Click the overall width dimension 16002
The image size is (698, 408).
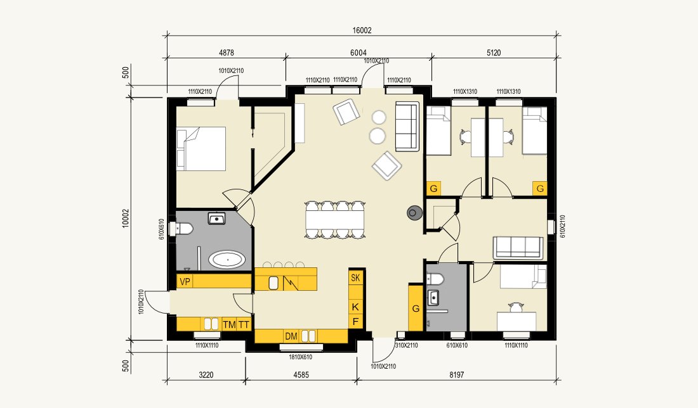coord(362,30)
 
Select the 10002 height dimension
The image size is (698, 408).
coord(126,218)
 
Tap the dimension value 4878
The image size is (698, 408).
coord(226,53)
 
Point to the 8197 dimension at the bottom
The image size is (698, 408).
coord(456,374)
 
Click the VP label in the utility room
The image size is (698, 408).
coord(185,281)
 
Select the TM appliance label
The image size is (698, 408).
coord(229,325)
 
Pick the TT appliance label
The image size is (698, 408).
coord(244,325)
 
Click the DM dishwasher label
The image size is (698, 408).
coord(291,336)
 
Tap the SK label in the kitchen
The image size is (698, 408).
coord(355,277)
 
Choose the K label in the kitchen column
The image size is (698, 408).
coord(355,307)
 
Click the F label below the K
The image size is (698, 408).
coord(355,321)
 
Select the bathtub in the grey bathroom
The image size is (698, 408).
coord(227,259)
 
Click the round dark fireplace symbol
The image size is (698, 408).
coord(413,214)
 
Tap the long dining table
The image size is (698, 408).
coord(335,220)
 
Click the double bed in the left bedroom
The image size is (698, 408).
coord(201,149)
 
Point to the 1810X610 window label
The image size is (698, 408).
coord(301,357)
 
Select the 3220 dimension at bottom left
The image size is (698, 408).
coord(206,374)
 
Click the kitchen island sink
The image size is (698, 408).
coord(273,283)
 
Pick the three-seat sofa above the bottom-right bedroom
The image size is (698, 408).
coord(518,248)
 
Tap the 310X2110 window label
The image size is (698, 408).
coord(406,345)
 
